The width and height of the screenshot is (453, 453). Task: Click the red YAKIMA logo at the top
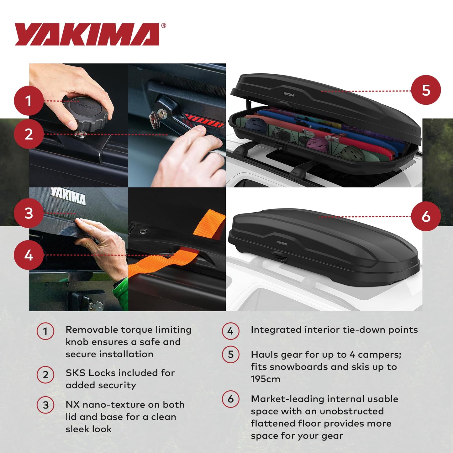(87, 34)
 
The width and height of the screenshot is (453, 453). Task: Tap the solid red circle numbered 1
(29, 101)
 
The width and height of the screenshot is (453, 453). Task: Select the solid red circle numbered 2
(29, 134)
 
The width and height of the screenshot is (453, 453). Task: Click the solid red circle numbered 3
(29, 213)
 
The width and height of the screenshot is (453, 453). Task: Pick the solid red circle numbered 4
(29, 255)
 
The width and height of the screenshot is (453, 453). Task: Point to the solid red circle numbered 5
(426, 90)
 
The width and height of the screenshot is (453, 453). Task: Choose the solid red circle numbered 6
(426, 216)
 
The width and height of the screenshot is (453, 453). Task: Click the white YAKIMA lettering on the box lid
(68, 196)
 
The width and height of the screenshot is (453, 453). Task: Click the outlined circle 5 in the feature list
(230, 354)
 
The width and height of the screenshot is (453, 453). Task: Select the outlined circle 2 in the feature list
(45, 374)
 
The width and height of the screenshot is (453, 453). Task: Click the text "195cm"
(265, 379)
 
